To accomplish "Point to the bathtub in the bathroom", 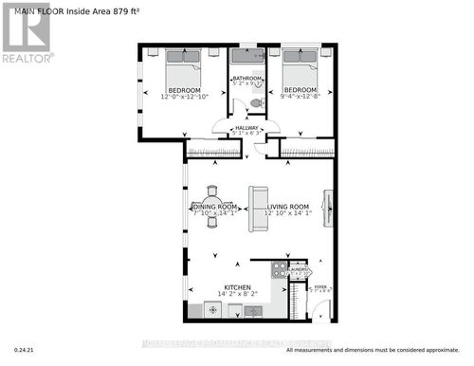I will pos(248,55).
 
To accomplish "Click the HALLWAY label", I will pos(246,128).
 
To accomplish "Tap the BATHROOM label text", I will pos(248,79).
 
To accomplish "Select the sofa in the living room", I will pos(257,208).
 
